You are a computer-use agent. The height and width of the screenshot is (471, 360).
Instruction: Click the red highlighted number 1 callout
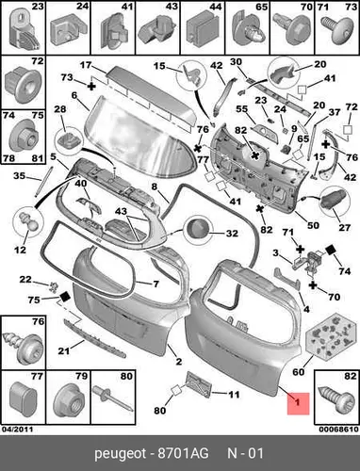298,403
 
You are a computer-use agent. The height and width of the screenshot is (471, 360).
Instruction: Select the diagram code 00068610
338,430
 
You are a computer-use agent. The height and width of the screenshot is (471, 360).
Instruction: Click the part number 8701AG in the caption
183,453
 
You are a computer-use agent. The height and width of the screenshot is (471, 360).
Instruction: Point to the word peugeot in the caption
121,454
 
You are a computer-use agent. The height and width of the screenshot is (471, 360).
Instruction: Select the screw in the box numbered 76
23,348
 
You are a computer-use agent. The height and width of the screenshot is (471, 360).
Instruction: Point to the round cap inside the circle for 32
198,229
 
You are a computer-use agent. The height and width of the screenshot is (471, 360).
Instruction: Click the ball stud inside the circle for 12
27,221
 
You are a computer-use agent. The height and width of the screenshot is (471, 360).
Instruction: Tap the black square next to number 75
65,296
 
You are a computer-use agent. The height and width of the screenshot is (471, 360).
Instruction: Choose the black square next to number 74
331,251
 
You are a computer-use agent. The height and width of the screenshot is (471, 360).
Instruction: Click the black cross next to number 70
313,284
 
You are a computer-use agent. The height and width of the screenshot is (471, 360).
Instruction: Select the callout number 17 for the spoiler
86,65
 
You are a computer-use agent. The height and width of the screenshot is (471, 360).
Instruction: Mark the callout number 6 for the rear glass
74,95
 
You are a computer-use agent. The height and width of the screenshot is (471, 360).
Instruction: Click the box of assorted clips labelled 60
327,336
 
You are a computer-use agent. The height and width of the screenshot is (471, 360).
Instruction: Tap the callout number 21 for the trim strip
64,350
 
